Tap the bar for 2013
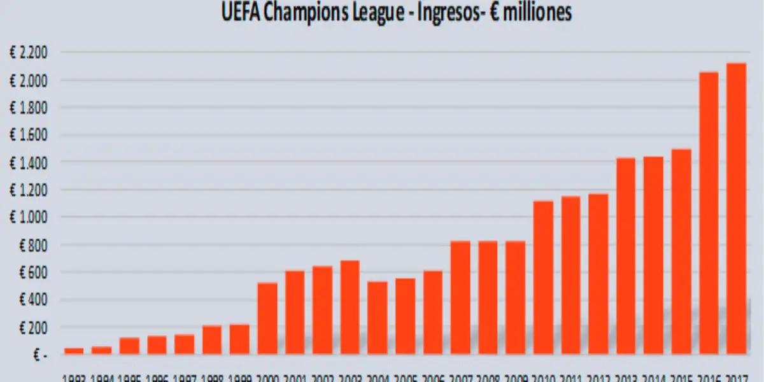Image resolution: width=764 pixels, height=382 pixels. point(626,255)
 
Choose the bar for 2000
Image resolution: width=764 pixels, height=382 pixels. point(267,318)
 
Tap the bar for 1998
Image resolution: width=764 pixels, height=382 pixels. point(212,340)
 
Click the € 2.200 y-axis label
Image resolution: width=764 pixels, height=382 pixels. point(28,53)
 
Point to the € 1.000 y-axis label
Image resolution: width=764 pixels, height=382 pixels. point(28,217)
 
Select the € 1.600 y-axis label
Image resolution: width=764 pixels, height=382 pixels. point(28,135)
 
